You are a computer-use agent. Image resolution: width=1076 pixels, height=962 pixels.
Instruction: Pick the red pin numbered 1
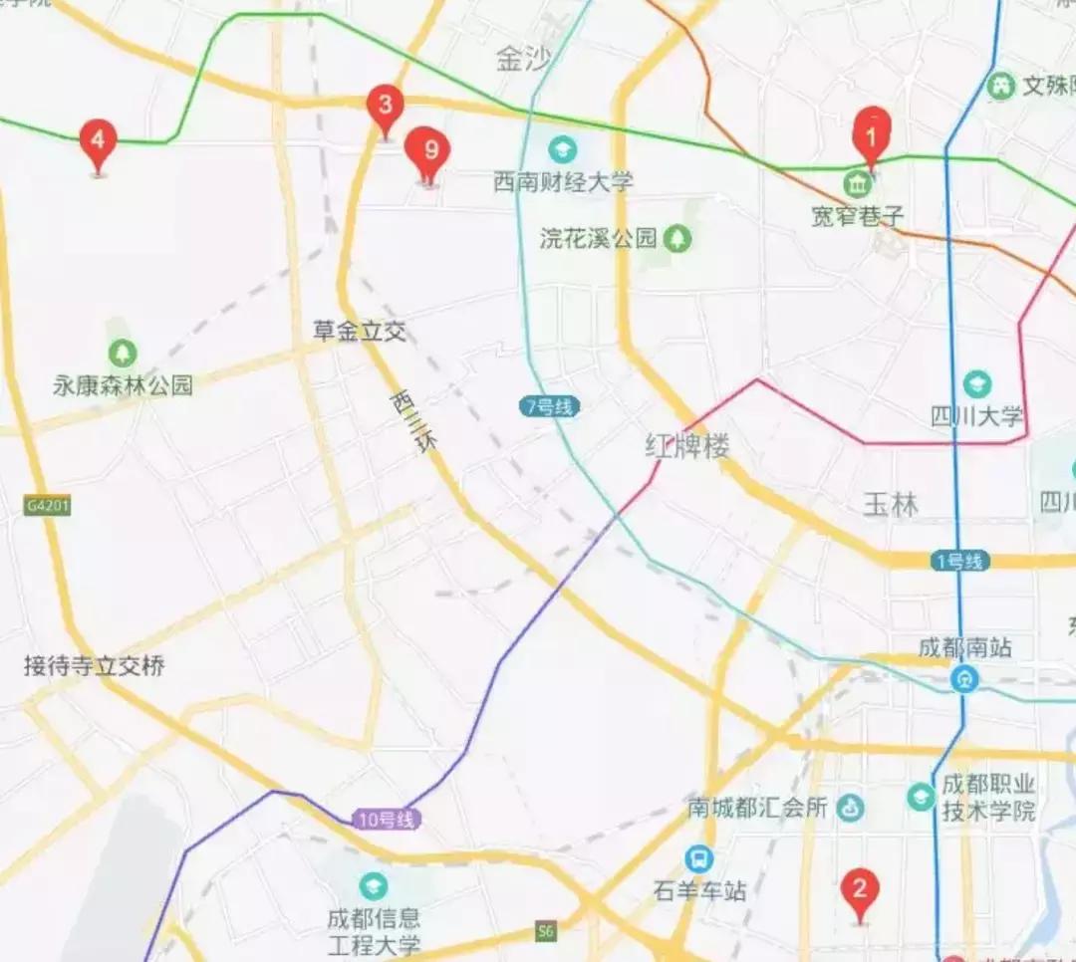click(x=874, y=131)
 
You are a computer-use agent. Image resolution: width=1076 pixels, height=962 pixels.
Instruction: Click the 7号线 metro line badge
click(x=549, y=406)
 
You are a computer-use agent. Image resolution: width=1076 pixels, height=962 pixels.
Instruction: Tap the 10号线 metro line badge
click(x=386, y=821)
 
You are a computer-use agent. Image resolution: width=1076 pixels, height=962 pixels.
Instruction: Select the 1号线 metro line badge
click(x=960, y=561)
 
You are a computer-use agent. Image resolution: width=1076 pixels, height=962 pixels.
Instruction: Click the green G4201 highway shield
click(x=48, y=506)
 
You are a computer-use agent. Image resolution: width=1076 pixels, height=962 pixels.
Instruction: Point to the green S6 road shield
click(x=544, y=931)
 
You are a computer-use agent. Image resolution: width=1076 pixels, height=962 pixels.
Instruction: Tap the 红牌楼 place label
click(x=687, y=446)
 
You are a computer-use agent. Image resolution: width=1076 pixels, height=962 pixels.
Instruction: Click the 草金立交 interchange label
click(x=360, y=332)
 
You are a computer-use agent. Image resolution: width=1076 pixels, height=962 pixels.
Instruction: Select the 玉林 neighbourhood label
click(x=891, y=505)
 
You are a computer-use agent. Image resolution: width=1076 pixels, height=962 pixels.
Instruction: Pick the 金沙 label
click(x=522, y=61)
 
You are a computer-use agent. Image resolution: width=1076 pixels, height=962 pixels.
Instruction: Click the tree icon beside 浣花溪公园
click(x=677, y=238)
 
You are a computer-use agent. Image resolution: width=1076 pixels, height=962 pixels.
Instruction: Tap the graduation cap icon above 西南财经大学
click(x=563, y=150)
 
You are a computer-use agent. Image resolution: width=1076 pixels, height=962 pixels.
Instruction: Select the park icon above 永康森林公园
click(x=123, y=353)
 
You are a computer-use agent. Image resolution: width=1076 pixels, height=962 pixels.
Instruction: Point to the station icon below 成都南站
click(x=963, y=679)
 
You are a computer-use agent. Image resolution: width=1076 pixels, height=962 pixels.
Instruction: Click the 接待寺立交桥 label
click(x=95, y=666)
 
